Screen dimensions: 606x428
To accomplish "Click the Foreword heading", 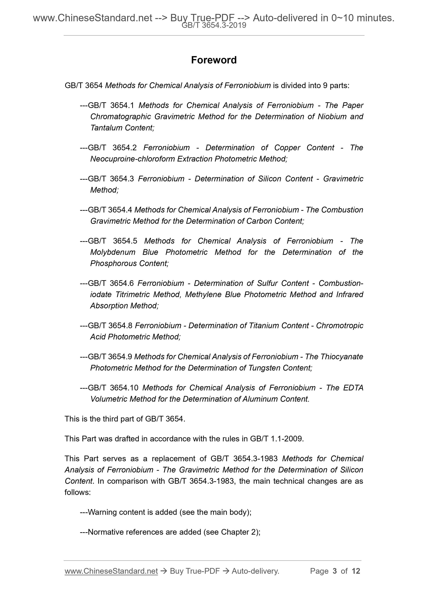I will click(x=214, y=60).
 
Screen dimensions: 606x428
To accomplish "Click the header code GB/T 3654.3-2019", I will click(x=214, y=25).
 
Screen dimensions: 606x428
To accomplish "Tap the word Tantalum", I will click(x=106, y=128).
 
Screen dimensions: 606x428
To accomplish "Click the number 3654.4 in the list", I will click(x=120, y=210).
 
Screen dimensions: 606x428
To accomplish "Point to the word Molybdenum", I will click(x=113, y=252).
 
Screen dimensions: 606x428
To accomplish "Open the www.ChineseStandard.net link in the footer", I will click(x=111, y=571).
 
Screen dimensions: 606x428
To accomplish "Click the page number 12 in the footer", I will click(x=356, y=571).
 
